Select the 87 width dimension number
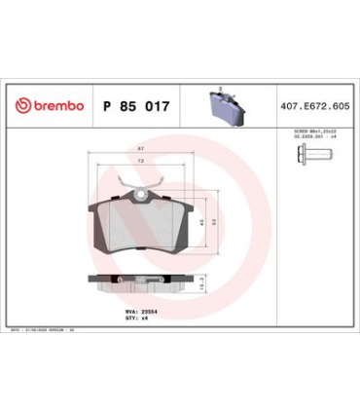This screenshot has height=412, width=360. pyautogui.click(x=141, y=150)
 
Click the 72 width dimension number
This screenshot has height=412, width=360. pyautogui.click(x=141, y=162)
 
